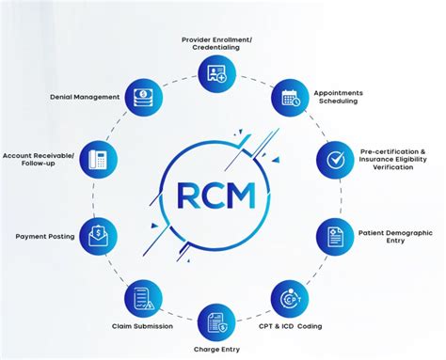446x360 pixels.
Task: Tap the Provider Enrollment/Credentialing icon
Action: click(217, 71)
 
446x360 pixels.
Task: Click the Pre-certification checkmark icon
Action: click(333, 160)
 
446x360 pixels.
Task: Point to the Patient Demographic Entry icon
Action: click(333, 235)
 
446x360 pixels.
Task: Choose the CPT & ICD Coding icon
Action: click(288, 299)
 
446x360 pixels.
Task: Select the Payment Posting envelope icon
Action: click(99, 235)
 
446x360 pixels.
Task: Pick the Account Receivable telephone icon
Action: click(99, 159)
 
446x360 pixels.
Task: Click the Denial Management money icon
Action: click(144, 96)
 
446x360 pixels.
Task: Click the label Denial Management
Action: click(84, 97)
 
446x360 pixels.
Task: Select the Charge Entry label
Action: click(216, 351)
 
